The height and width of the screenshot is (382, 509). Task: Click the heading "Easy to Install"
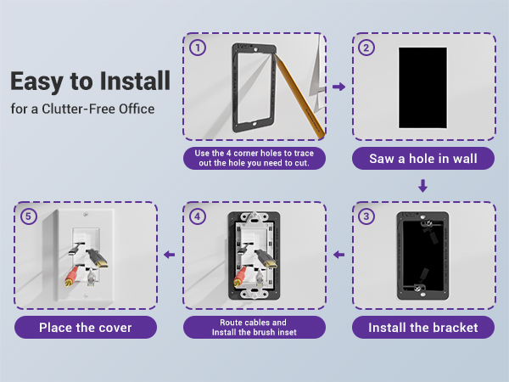click(x=90, y=82)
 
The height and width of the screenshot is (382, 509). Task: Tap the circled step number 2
click(x=366, y=48)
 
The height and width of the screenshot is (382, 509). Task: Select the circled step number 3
click(x=366, y=216)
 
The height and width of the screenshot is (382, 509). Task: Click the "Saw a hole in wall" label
click(x=423, y=158)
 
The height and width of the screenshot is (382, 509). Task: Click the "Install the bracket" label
click(x=423, y=327)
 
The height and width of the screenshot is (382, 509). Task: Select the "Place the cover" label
click(x=86, y=327)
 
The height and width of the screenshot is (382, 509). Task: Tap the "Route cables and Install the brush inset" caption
click(x=255, y=327)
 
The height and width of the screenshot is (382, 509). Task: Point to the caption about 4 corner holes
click(x=255, y=158)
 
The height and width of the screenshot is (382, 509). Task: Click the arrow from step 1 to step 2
click(x=338, y=87)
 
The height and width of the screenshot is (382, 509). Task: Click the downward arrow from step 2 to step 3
click(x=423, y=185)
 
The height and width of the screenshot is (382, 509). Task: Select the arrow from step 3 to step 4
click(x=338, y=254)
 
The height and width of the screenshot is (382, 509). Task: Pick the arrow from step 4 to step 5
click(x=170, y=254)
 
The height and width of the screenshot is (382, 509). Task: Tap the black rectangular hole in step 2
click(x=422, y=88)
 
